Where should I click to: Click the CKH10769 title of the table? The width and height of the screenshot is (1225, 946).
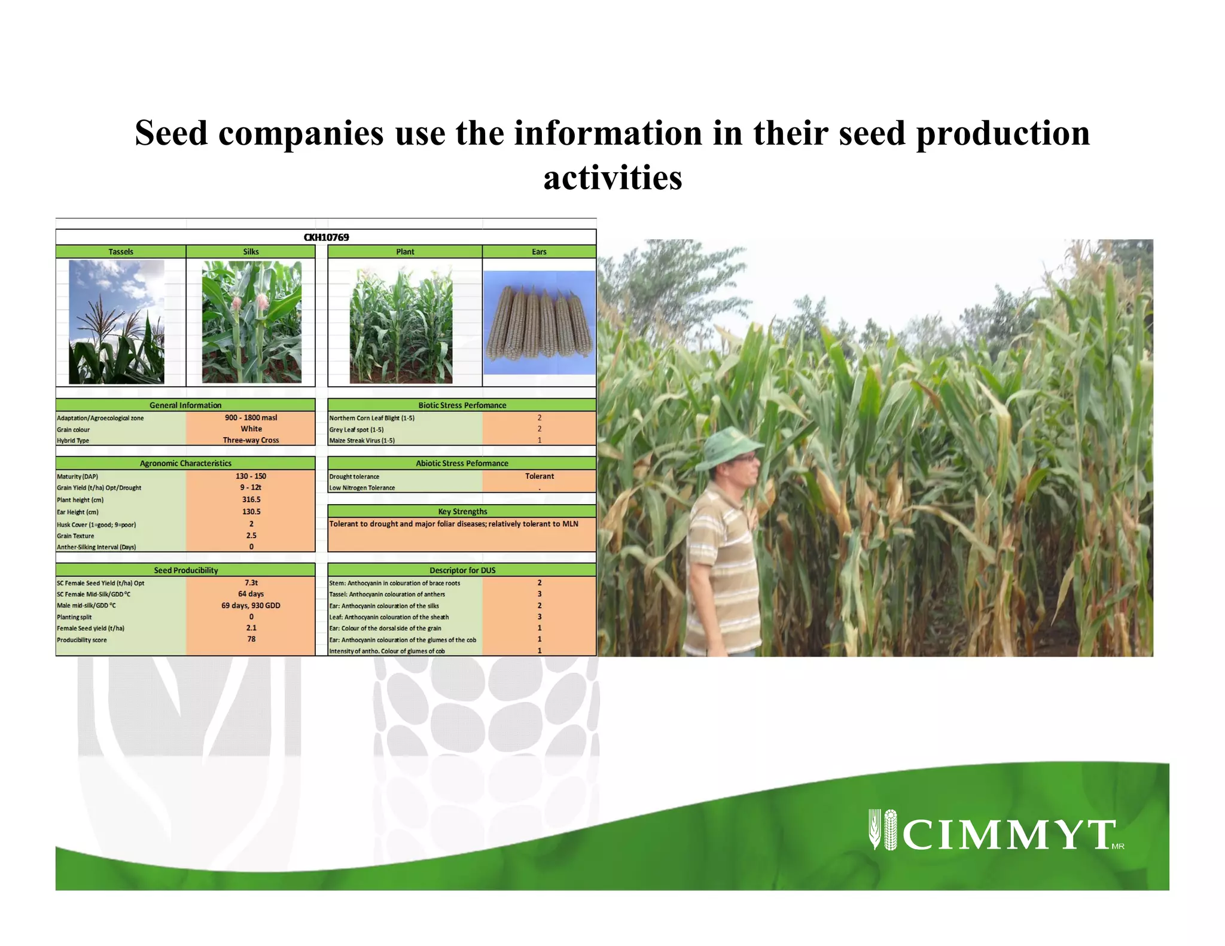(326, 237)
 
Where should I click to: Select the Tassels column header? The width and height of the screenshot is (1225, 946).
(121, 252)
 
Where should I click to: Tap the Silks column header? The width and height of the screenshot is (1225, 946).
(251, 252)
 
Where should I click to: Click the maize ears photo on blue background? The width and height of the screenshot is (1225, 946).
(539, 323)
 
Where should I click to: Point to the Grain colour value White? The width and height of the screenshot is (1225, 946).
(251, 429)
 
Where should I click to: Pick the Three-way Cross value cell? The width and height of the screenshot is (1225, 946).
(251, 440)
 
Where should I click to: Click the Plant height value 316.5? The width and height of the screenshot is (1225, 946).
(251, 499)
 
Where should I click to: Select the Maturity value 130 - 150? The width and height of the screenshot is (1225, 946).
(251, 476)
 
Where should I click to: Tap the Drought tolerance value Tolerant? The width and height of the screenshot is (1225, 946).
(540, 476)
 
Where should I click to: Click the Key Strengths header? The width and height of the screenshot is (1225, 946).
(462, 511)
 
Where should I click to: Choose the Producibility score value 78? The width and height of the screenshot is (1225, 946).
(251, 639)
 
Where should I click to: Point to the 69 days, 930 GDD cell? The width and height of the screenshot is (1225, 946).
(251, 605)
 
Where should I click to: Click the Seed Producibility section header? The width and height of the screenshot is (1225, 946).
(185, 570)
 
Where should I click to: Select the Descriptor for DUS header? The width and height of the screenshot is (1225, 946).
(462, 570)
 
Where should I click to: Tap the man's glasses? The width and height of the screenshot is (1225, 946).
(745, 458)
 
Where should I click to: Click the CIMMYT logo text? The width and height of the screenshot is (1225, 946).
(1008, 835)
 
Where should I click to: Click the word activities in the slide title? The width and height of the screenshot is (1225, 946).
(612, 178)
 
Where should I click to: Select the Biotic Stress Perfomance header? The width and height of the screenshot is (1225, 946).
(462, 405)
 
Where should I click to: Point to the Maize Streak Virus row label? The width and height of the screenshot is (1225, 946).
(362, 441)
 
